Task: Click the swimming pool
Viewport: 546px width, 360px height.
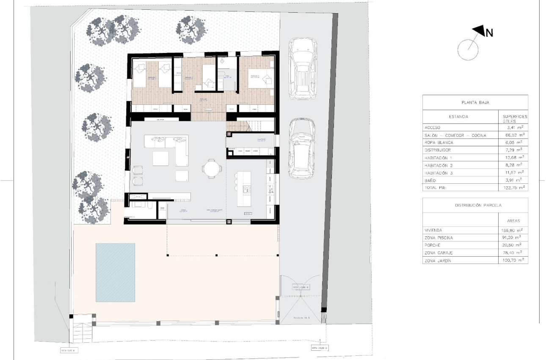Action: pos(115,272)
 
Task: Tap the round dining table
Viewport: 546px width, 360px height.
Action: pos(211,169)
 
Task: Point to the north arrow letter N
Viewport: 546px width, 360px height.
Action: pos(489,33)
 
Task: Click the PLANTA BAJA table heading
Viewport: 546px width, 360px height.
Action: pos(475,102)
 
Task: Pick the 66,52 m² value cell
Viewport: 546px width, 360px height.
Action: pos(513,135)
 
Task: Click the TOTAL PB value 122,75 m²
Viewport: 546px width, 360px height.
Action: pos(513,187)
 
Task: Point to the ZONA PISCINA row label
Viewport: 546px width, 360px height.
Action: pos(440,238)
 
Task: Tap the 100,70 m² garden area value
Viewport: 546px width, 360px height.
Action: pos(513,260)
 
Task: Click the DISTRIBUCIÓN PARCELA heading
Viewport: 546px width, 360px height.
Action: pos(475,205)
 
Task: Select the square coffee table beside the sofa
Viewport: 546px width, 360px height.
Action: pos(160,158)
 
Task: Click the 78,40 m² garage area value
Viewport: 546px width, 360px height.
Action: pos(513,253)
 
